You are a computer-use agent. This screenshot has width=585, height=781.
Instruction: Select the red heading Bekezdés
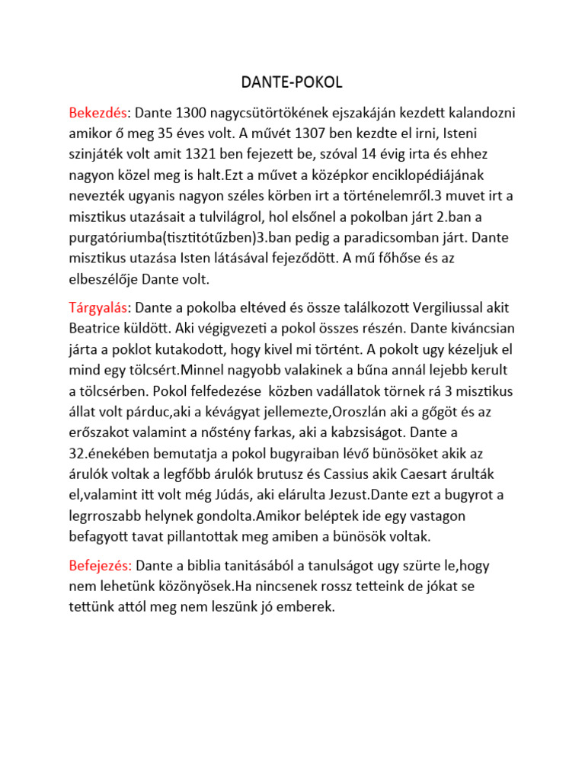pos(97,113)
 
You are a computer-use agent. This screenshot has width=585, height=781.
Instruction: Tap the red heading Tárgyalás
pos(98,307)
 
